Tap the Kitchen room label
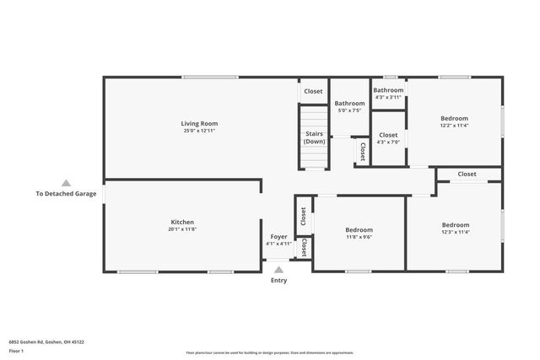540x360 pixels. pyautogui.click(x=182, y=223)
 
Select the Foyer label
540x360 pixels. pyautogui.click(x=278, y=237)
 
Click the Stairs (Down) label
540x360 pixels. pyautogui.click(x=314, y=137)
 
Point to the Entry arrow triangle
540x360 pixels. pyautogui.click(x=278, y=270)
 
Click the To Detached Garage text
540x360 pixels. pyautogui.click(x=66, y=193)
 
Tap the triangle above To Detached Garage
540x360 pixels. pyautogui.click(x=66, y=182)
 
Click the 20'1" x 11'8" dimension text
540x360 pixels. pyautogui.click(x=182, y=229)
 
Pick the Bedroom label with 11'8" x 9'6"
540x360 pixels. pyautogui.click(x=359, y=229)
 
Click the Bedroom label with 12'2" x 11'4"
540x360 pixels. pyautogui.click(x=454, y=119)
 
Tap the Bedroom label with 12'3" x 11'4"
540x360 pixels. pyautogui.click(x=456, y=225)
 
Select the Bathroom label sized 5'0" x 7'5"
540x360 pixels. pyautogui.click(x=349, y=104)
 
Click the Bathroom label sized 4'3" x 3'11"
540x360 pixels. pyautogui.click(x=388, y=90)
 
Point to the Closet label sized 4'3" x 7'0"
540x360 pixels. pyautogui.click(x=388, y=135)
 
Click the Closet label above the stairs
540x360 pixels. pyautogui.click(x=313, y=91)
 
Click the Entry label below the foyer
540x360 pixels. pyautogui.click(x=278, y=280)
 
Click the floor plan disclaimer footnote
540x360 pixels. pyautogui.click(x=270, y=352)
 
